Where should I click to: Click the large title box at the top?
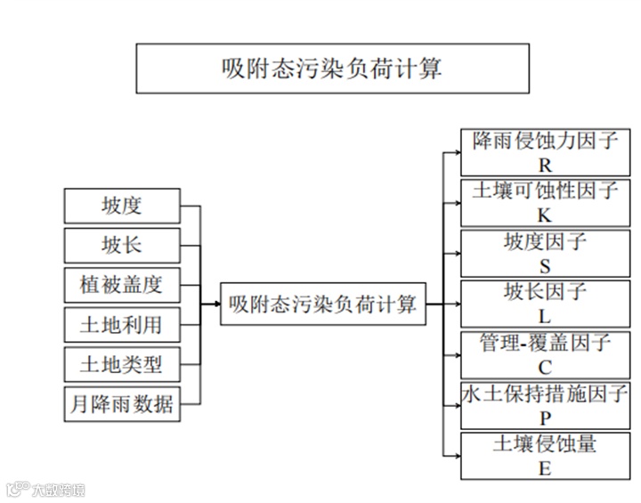pyautogui.click(x=332, y=69)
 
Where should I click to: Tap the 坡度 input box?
pyautogui.click(x=122, y=206)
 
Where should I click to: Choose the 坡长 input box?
pyautogui.click(x=122, y=245)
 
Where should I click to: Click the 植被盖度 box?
pyautogui.click(x=122, y=285)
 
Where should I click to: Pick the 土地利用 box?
pyautogui.click(x=122, y=324)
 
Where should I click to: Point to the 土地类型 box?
pyautogui.click(x=122, y=364)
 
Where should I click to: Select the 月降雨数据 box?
pyautogui.click(x=122, y=404)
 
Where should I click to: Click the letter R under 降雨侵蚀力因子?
pyautogui.click(x=545, y=165)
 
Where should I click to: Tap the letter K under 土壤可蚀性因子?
pyautogui.click(x=545, y=215)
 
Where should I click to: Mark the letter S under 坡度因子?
pyautogui.click(x=545, y=266)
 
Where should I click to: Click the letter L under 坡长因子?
pyautogui.click(x=545, y=316)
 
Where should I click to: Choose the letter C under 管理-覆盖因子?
pyautogui.click(x=545, y=367)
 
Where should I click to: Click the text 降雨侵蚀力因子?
pyautogui.click(x=545, y=141)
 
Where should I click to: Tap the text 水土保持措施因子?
pyautogui.click(x=545, y=393)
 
